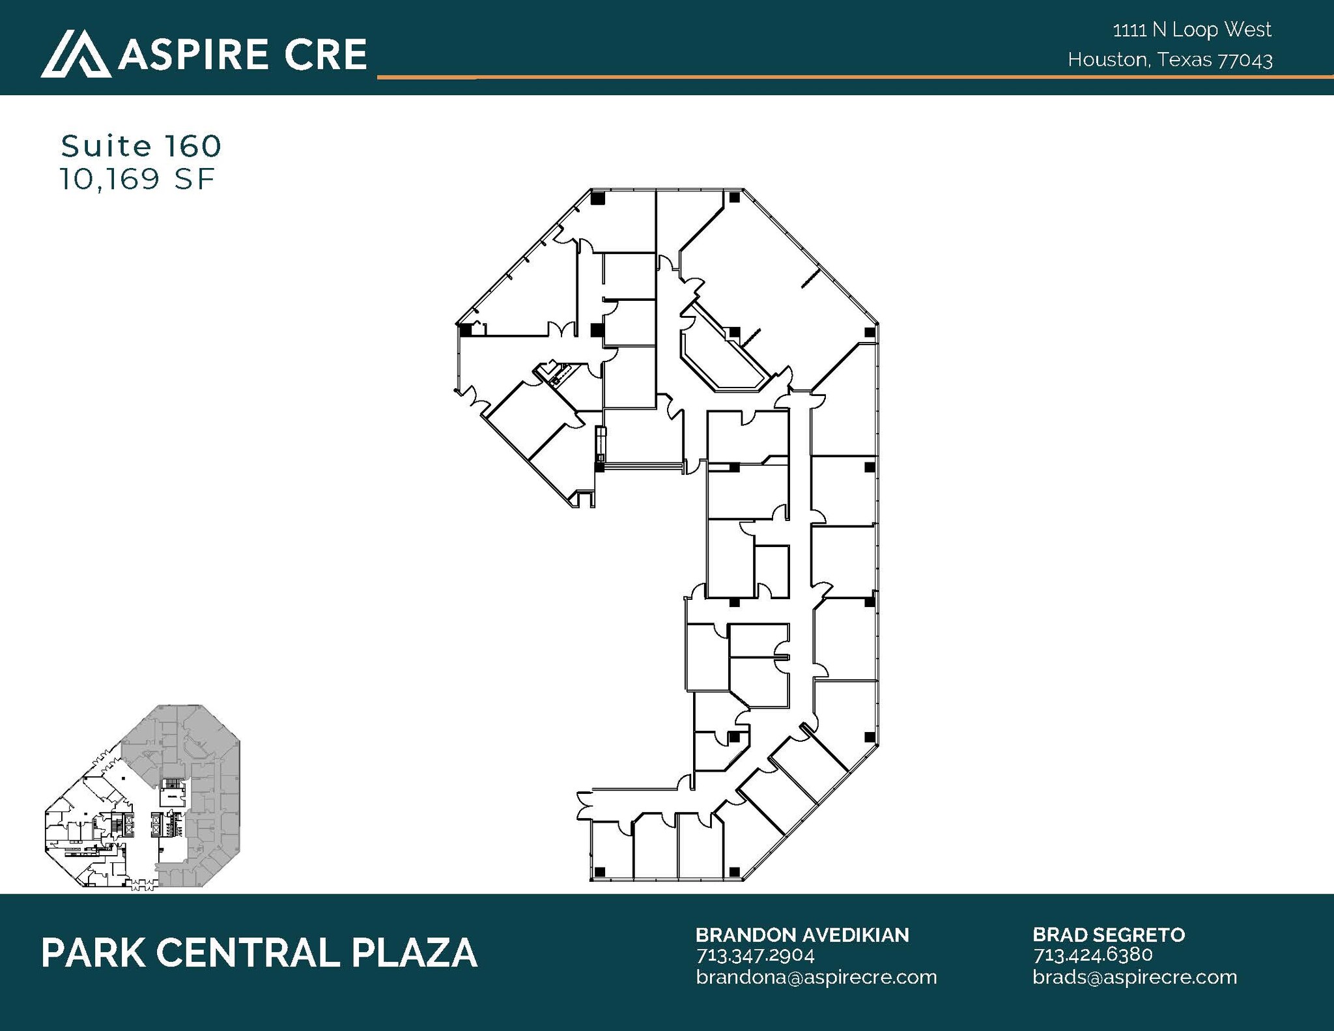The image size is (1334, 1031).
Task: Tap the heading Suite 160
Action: click(141, 147)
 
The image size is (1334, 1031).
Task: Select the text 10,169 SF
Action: click(137, 180)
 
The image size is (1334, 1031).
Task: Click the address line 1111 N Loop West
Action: click(1192, 30)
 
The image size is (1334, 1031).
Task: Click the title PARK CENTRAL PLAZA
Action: click(259, 953)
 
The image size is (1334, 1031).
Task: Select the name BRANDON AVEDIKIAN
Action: click(802, 935)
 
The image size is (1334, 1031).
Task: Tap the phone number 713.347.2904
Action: click(755, 955)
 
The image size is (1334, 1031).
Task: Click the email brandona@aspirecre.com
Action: click(816, 977)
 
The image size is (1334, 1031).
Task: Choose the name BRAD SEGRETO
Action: click(1109, 935)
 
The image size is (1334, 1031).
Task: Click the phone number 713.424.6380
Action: click(1092, 955)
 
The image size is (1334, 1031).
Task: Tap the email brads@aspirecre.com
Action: click(1135, 977)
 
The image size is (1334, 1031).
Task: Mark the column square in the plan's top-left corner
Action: click(598, 198)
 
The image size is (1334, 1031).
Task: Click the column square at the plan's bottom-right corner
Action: click(734, 871)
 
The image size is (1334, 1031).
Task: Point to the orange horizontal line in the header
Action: click(847, 78)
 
